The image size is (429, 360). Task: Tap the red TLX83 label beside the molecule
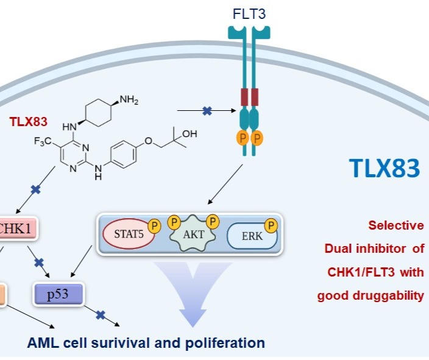(x=29, y=121)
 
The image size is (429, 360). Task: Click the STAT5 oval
(x=126, y=234)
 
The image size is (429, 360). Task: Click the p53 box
(x=58, y=294)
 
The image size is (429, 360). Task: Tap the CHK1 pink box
(x=18, y=229)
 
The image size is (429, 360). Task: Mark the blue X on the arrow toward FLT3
(x=207, y=111)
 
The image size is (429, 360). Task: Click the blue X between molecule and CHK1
(x=35, y=189)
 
